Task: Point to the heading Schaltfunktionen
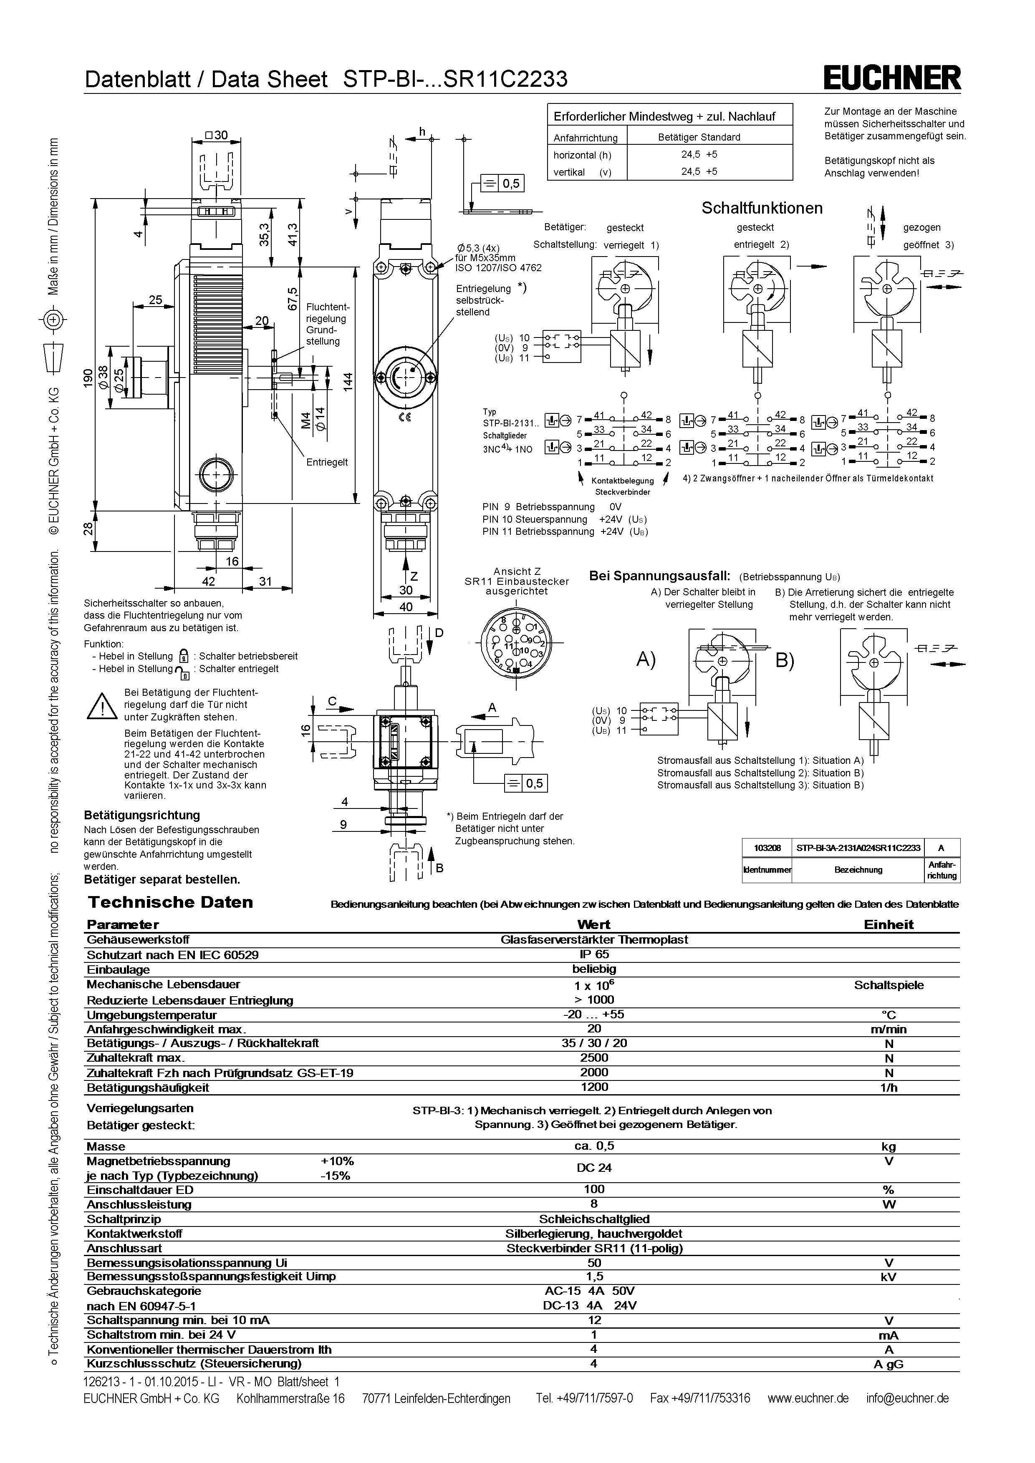tap(762, 208)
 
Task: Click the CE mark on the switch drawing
tap(405, 417)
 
